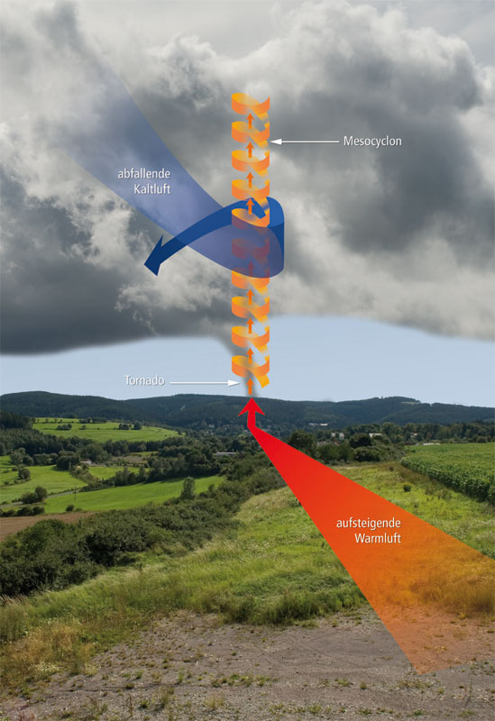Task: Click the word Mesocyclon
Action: tap(372, 141)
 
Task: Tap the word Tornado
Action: tap(144, 380)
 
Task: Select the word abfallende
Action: tap(144, 174)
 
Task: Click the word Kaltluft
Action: tap(152, 189)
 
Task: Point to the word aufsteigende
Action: tap(369, 524)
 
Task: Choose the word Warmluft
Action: tap(378, 538)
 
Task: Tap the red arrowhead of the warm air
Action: tap(252, 408)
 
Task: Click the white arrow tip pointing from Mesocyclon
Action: tap(270, 141)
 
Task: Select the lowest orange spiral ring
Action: tap(251, 370)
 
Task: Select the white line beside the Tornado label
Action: tap(199, 382)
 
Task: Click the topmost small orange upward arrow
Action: tap(250, 121)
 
